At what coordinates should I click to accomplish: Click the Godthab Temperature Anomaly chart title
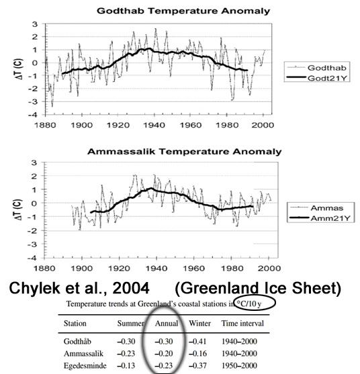tap(183, 11)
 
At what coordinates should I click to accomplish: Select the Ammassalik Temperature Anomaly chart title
tap(185, 152)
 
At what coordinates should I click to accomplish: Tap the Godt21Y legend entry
tap(316, 78)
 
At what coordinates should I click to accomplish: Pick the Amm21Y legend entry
tap(320, 218)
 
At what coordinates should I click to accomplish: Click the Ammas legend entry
tap(320, 208)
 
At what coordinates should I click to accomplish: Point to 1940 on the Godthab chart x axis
tap(154, 125)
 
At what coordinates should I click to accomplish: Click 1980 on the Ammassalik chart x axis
tap(232, 269)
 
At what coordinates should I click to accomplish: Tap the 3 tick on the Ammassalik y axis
tap(35, 162)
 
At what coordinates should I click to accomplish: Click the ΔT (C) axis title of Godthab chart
tap(19, 69)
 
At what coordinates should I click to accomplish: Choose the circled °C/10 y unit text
tap(249, 303)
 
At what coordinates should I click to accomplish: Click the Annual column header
tap(167, 324)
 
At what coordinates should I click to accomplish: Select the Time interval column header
tap(242, 324)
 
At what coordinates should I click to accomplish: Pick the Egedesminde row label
tap(85, 366)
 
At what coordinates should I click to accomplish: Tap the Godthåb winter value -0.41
tap(197, 341)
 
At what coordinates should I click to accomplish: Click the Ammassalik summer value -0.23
tap(126, 353)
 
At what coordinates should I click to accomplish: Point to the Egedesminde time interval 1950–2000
tap(239, 365)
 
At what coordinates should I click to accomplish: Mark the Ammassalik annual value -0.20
tap(164, 353)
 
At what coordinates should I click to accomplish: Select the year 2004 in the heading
tap(131, 288)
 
